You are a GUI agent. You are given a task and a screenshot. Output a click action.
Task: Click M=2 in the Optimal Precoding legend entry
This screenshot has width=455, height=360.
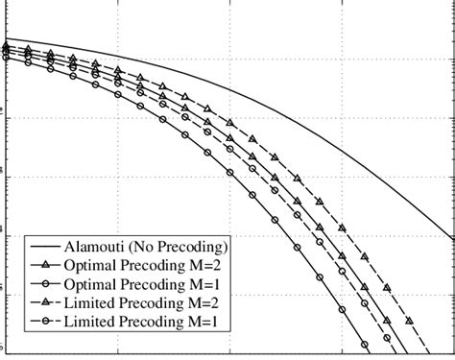coord(208,263)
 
